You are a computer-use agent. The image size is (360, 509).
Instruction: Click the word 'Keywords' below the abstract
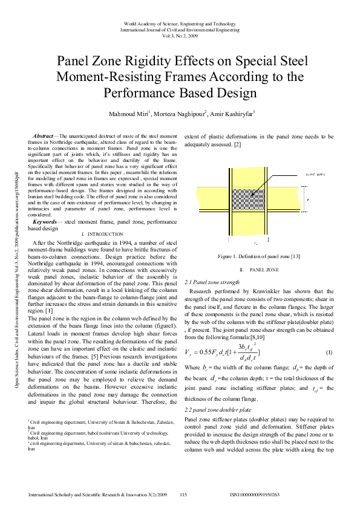(x=45, y=222)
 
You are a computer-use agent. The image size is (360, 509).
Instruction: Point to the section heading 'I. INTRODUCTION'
(x=101, y=234)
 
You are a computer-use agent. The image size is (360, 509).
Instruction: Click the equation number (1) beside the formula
(x=329, y=352)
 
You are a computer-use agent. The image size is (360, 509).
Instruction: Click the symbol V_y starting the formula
(x=189, y=352)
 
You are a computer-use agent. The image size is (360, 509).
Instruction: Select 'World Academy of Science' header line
(x=180, y=22)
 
